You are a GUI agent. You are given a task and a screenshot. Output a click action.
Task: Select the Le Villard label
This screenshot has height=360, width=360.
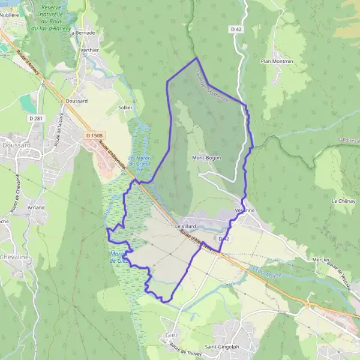(x=186, y=227)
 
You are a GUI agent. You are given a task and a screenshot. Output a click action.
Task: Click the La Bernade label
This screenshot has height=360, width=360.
(x=82, y=33)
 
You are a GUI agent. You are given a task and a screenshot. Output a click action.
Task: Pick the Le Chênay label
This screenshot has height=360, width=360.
(x=343, y=201)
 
